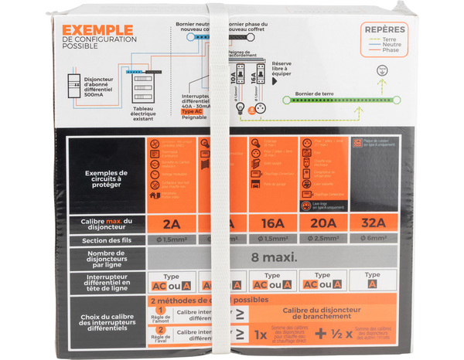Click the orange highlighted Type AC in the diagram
(192, 111)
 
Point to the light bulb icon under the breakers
(240, 107)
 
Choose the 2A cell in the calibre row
(172, 224)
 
